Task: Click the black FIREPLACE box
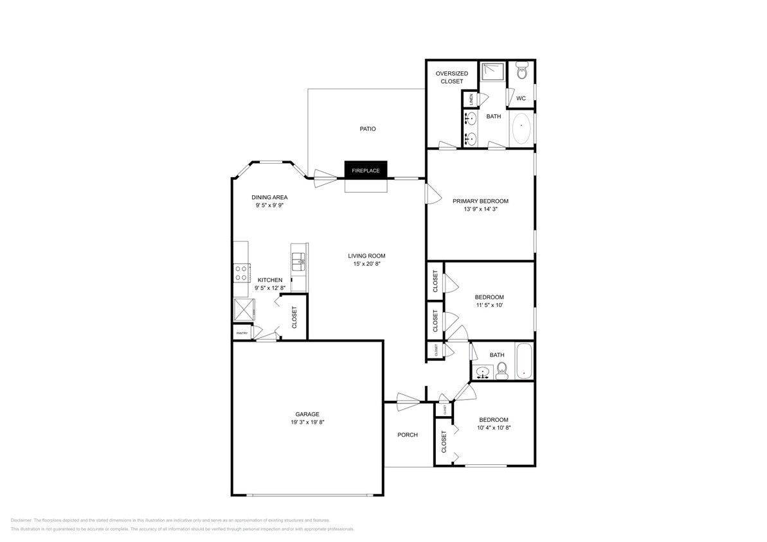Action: click(x=366, y=170)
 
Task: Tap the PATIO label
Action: click(x=367, y=129)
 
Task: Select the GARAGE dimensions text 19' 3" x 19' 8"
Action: click(x=307, y=423)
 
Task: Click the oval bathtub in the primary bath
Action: click(x=521, y=129)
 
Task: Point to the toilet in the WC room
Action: click(x=521, y=71)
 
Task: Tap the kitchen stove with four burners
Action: click(x=242, y=273)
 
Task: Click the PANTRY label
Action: click(x=242, y=333)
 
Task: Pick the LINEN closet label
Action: click(x=471, y=100)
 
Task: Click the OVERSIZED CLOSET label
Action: click(x=451, y=78)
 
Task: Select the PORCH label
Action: click(x=407, y=435)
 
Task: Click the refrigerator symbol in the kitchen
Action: click(x=244, y=310)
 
